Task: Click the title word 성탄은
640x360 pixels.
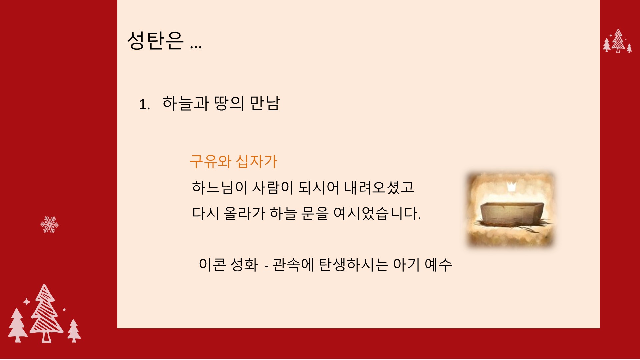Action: [155, 41]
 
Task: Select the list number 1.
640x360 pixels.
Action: [144, 105]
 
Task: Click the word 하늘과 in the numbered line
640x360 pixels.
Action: [185, 103]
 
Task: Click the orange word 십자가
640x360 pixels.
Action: [256, 161]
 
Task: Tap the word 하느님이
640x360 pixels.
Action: [219, 187]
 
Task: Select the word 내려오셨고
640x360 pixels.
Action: [379, 187]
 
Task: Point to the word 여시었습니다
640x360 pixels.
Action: [377, 213]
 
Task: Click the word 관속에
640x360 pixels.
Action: [293, 265]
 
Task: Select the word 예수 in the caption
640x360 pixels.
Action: [438, 265]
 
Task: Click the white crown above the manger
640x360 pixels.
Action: [511, 187]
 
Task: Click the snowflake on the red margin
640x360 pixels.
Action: [50, 224]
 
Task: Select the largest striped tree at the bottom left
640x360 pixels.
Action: [46, 313]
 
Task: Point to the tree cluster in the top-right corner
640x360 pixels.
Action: [618, 41]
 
